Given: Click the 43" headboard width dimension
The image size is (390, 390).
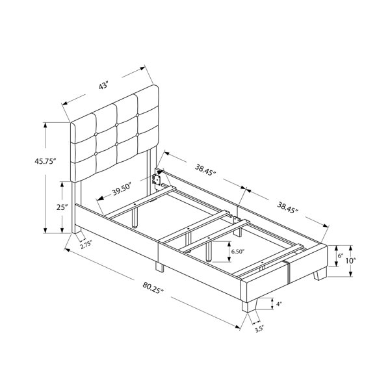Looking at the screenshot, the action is tap(103, 85).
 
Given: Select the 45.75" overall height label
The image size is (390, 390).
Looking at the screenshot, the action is tap(44, 161).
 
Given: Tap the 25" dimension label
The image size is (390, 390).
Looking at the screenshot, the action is tap(62, 207).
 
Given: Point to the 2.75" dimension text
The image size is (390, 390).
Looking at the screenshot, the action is tap(86, 246).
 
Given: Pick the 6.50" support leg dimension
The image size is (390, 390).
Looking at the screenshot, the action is tap(239, 252).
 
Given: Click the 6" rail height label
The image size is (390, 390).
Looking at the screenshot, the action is tap(341, 255).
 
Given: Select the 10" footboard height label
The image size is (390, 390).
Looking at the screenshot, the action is tap(351, 261).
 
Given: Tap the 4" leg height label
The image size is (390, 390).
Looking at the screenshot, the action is tap(279, 304).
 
